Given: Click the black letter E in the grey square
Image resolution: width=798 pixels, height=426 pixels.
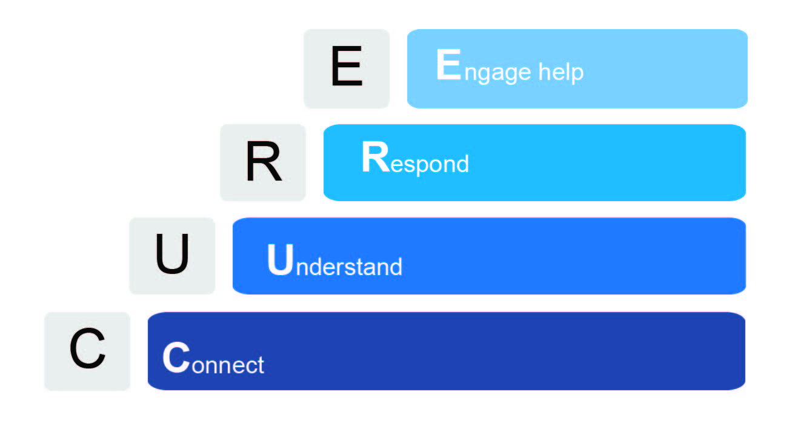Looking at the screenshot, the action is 347,66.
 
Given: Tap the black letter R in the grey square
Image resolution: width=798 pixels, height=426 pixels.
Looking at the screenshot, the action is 264,161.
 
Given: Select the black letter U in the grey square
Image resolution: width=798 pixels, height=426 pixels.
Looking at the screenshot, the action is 173,254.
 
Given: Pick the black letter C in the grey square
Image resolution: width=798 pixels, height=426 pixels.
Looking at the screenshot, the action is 88,348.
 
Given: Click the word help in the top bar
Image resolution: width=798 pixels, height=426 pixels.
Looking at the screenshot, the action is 560,73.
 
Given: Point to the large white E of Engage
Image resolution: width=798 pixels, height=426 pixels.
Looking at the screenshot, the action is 448,64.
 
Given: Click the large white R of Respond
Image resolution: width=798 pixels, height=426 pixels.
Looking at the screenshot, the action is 376,157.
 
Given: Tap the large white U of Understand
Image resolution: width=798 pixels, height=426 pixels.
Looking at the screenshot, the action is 281,260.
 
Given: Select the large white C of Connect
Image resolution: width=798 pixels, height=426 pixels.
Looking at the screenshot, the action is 176,358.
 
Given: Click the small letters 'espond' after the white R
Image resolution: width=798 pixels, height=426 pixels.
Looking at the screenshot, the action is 430,165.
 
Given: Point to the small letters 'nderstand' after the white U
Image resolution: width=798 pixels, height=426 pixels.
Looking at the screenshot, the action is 349,267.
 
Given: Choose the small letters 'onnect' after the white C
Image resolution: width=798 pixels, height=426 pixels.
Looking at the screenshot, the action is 228,365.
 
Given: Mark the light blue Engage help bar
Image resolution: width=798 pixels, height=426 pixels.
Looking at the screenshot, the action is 577,68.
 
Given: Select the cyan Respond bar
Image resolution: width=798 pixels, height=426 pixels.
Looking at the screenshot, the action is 534,163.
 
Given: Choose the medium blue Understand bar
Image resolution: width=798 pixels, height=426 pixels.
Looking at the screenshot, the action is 489,256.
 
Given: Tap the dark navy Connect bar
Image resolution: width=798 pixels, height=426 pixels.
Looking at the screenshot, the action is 447,351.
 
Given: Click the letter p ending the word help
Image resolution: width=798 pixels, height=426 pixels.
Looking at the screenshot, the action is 577,75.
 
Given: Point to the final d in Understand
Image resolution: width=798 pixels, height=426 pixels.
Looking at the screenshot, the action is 396,267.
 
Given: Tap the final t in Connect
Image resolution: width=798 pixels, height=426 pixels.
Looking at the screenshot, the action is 261,365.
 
